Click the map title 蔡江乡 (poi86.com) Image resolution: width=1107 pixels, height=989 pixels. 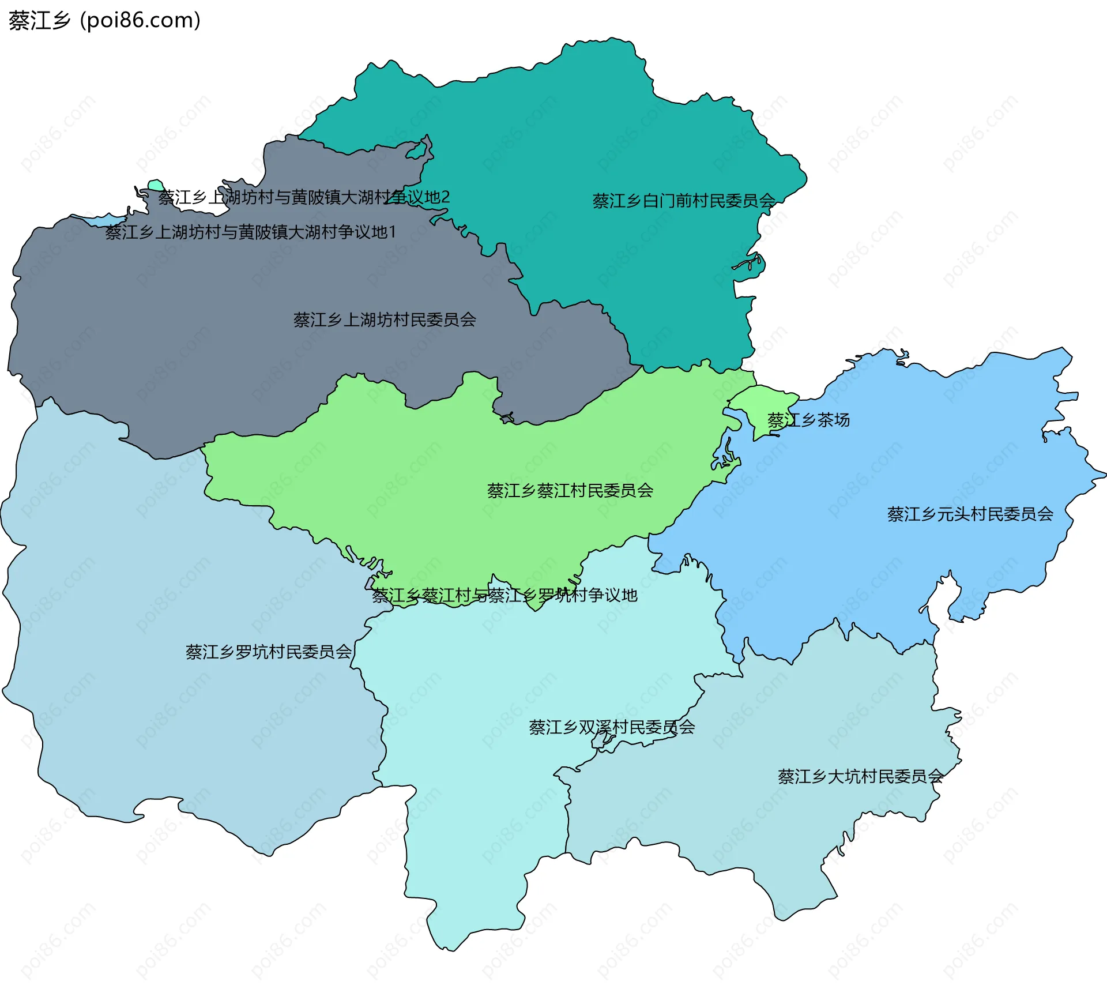tap(104, 20)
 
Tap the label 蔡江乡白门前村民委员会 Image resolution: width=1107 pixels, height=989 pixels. tap(684, 201)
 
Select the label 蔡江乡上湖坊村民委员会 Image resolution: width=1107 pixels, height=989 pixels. tap(385, 319)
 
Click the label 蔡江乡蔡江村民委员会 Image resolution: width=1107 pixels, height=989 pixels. tap(570, 491)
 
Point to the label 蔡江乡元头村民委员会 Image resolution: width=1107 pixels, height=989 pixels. tap(970, 514)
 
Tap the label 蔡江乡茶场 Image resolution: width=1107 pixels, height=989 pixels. tap(808, 420)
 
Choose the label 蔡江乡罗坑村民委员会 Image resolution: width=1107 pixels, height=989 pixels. tap(268, 652)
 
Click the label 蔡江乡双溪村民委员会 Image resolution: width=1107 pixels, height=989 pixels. tap(612, 727)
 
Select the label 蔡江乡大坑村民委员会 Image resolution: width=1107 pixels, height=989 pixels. tap(860, 776)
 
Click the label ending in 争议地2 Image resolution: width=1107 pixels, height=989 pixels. tap(304, 197)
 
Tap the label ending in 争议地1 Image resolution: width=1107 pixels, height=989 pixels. tap(250, 232)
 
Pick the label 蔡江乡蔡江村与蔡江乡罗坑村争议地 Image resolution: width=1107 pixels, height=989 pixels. tap(504, 595)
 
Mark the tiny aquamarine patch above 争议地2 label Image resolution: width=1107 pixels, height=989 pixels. tap(156, 185)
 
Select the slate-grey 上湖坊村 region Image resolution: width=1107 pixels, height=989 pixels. tap(231, 346)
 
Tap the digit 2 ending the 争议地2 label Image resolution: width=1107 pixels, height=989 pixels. tap(445, 197)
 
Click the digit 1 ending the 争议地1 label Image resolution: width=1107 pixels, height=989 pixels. tap(392, 232)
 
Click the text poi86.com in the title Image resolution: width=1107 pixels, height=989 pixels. tap(140, 20)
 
